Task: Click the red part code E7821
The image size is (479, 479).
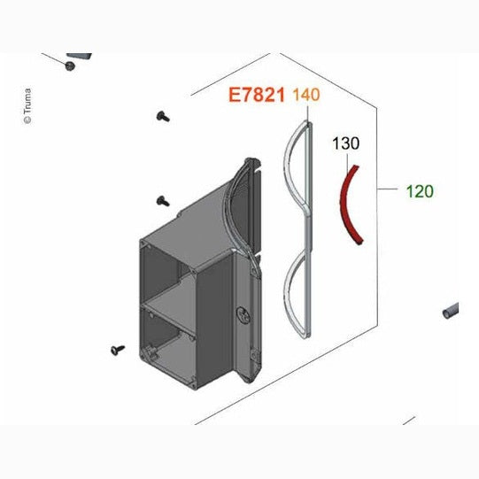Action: point(257,95)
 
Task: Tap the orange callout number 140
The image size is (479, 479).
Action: point(306,95)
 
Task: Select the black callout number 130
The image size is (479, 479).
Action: point(346,143)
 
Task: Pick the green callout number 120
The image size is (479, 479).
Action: point(420,191)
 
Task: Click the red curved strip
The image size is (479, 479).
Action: point(345,202)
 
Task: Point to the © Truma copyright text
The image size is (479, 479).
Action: point(27,106)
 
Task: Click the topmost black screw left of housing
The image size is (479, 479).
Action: point(163,117)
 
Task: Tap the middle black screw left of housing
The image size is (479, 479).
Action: point(163,201)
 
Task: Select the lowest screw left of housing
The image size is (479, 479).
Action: point(118,350)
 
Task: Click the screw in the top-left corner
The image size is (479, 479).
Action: point(70,66)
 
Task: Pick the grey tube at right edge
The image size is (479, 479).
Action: point(451,311)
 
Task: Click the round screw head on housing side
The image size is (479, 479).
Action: point(243,315)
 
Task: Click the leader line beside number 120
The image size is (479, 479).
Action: point(388,189)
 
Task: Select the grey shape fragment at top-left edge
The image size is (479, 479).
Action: point(79,56)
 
